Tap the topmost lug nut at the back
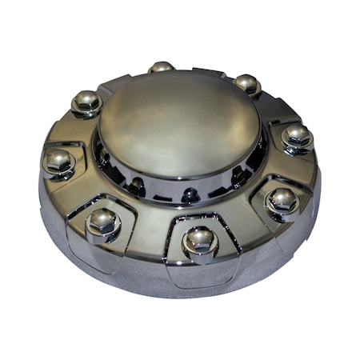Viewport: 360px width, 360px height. [x=161, y=69]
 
